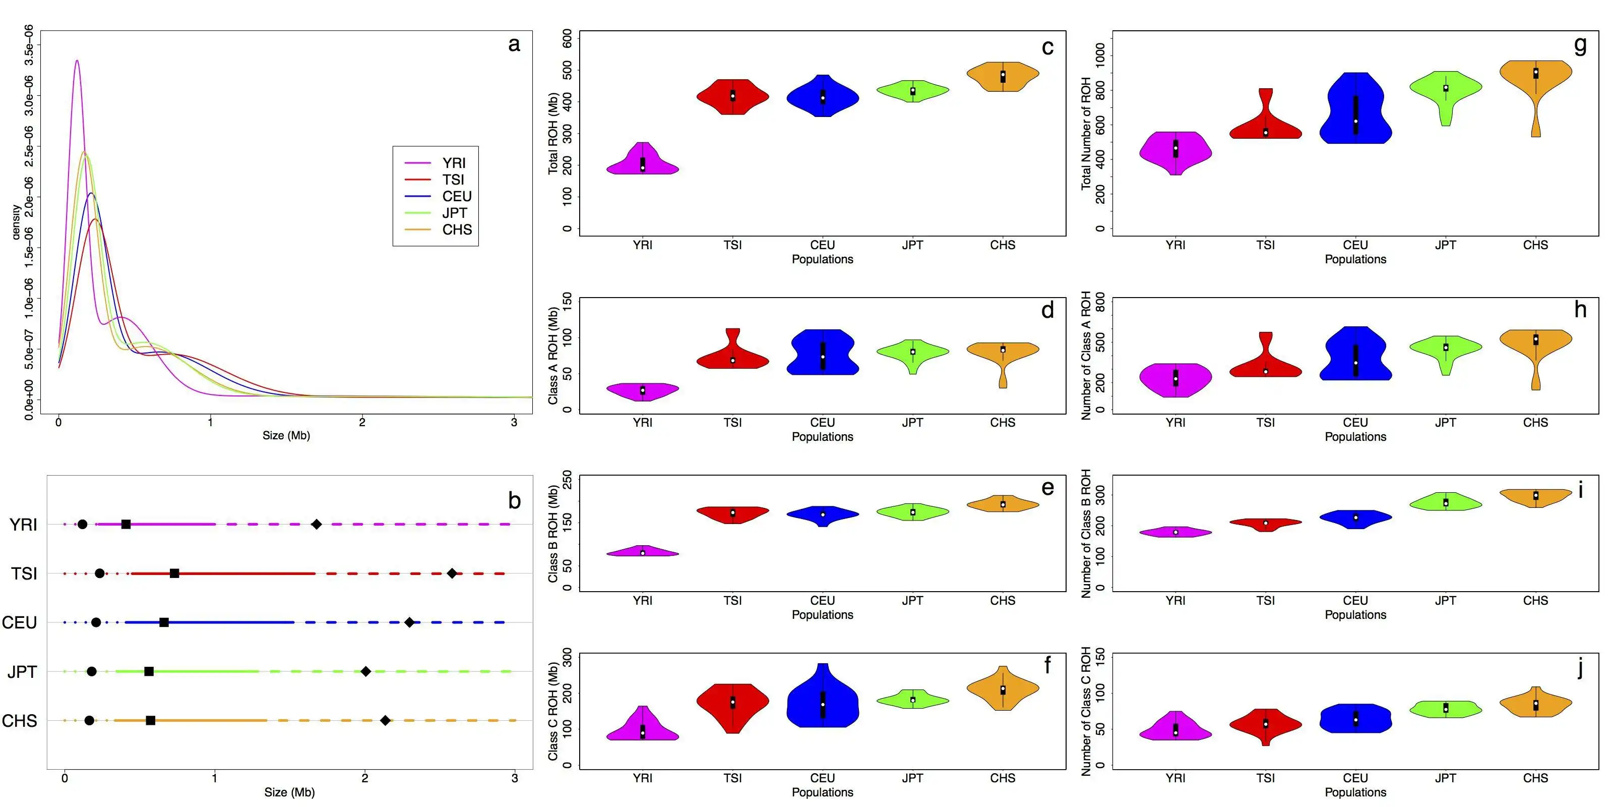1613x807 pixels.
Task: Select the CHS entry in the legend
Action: point(457,230)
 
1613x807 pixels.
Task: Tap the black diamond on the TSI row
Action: point(452,573)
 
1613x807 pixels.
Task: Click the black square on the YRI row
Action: point(126,525)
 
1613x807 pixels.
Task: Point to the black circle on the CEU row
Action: point(96,622)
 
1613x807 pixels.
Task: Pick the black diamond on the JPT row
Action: point(365,672)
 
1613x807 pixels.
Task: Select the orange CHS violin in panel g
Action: point(1535,81)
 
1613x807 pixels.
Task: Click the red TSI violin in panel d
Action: point(732,357)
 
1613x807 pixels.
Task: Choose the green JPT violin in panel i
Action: point(1446,502)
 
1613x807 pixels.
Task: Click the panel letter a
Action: point(514,44)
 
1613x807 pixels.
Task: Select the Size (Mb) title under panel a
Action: point(286,435)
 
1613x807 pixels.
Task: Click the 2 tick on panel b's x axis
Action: point(365,778)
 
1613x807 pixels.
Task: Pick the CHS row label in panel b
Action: point(20,721)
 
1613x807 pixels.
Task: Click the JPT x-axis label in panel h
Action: point(1445,423)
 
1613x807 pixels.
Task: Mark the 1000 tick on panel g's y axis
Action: point(1099,56)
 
